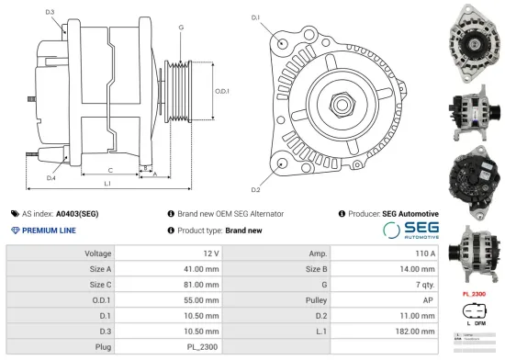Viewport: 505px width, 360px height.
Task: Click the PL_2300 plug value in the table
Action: point(203,348)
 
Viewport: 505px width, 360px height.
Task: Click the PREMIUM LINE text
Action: point(48,230)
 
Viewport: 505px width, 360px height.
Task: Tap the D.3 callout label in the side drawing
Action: point(50,12)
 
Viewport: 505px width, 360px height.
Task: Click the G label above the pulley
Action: point(181,28)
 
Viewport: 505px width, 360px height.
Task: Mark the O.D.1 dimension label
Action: point(221,91)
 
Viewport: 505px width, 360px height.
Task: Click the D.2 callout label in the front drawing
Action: point(255,189)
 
